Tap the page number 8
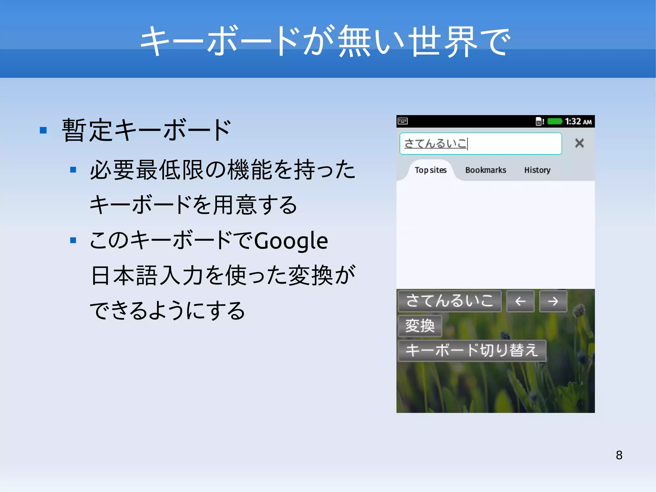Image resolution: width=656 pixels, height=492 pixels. click(619, 455)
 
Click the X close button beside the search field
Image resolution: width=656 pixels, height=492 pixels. click(579, 143)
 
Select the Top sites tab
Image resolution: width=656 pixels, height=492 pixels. click(430, 170)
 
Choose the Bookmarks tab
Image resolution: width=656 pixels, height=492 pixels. click(486, 170)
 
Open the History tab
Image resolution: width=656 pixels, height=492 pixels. click(537, 170)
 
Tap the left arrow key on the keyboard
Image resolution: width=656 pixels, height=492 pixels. click(520, 301)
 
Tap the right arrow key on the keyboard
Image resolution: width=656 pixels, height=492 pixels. click(553, 301)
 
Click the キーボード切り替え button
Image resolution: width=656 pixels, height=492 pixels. click(471, 350)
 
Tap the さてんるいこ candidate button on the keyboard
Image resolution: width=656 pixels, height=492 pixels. click(449, 301)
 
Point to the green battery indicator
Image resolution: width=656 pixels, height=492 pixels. click(554, 121)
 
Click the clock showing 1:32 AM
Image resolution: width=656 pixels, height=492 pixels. click(578, 121)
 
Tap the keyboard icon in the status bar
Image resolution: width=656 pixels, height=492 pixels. click(403, 121)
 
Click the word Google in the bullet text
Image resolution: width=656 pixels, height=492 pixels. click(291, 241)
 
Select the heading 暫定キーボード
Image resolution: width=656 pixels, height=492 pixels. click(146, 130)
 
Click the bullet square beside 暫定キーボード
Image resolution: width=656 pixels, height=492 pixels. click(43, 130)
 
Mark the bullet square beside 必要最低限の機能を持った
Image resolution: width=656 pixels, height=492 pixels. click(73, 170)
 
